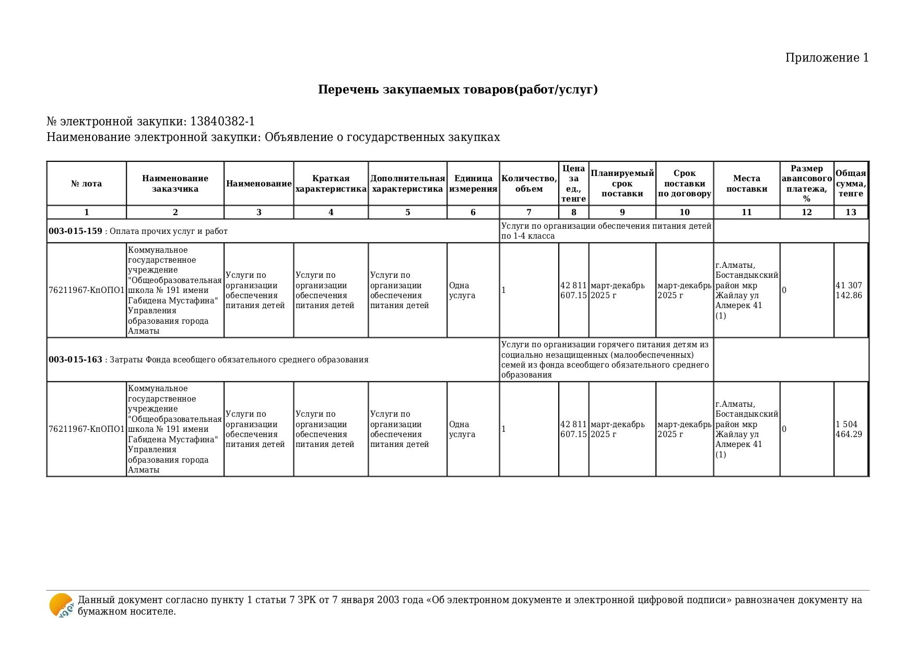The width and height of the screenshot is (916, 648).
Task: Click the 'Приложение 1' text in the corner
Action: click(827, 58)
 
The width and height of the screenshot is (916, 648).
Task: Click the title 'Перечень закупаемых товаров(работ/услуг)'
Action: click(457, 90)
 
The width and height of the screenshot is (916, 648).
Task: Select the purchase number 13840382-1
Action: click(222, 122)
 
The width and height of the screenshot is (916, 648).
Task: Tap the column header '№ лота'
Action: click(86, 184)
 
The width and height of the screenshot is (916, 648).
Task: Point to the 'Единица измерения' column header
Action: click(473, 184)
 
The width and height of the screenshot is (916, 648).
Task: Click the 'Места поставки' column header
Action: click(746, 184)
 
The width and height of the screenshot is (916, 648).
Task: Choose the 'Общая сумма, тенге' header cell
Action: click(850, 184)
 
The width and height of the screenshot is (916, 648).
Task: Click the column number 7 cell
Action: click(529, 213)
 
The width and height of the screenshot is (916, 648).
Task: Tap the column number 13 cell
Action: click(851, 213)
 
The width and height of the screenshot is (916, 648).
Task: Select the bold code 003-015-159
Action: click(75, 231)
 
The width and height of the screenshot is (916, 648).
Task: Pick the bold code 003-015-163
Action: click(75, 360)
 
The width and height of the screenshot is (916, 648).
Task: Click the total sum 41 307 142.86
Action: click(849, 290)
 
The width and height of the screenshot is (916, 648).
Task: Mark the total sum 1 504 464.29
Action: click(849, 429)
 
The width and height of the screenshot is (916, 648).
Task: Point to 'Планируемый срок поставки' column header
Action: click(622, 184)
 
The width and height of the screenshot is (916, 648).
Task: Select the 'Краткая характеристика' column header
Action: click(331, 184)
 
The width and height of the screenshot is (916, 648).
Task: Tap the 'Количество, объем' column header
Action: click(529, 184)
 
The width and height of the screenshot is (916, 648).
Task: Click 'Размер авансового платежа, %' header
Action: click(806, 184)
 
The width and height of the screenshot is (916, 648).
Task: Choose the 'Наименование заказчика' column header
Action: click(175, 184)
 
